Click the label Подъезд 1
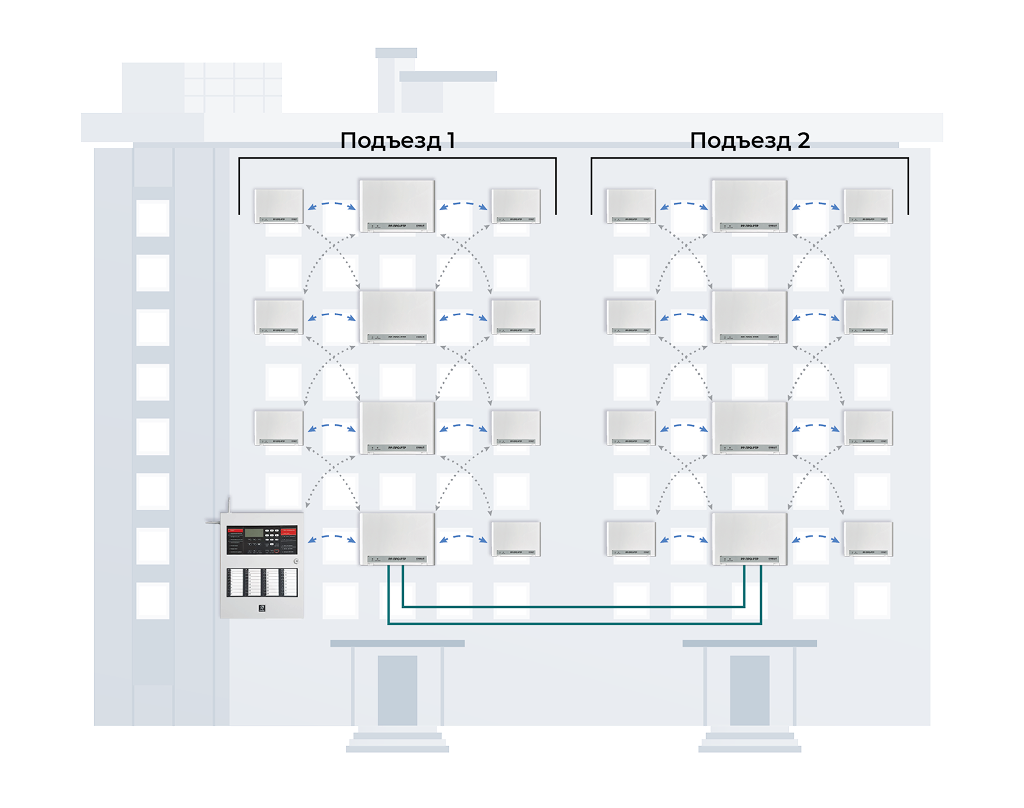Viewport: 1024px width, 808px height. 398,140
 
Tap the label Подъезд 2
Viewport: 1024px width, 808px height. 750,140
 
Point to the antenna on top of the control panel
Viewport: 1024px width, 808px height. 228,508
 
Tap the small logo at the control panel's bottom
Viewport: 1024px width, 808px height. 261,605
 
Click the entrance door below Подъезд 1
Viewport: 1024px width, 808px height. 397,690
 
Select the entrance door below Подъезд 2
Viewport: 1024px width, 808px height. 749,690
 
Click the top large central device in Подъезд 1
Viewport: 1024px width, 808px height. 397,205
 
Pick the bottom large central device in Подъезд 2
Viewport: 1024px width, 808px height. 749,538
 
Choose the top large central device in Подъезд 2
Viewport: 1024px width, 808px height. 749,205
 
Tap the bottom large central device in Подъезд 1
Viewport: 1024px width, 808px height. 397,538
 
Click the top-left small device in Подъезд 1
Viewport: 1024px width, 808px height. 278,205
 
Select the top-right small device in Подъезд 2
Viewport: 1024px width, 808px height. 867,205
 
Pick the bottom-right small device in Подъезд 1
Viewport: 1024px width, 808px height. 515,538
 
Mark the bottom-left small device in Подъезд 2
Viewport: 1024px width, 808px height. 631,538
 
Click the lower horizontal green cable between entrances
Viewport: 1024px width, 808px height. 575,623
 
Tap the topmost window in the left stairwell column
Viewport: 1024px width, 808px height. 153,218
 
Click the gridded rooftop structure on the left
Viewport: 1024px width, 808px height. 232,87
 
